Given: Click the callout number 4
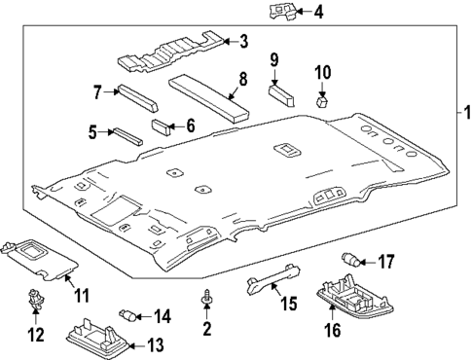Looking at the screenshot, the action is (x=318, y=13).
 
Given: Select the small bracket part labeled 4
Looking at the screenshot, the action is (x=282, y=12).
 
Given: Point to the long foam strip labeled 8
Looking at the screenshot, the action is (x=209, y=99).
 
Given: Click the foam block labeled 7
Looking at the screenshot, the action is (x=138, y=98).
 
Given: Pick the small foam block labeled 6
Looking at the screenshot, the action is (x=162, y=127).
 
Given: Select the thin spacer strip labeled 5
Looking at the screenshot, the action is (x=127, y=136).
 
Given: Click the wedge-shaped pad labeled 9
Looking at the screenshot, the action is (x=281, y=94).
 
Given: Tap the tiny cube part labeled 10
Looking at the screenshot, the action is (x=322, y=101).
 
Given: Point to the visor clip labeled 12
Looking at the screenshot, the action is (x=36, y=298).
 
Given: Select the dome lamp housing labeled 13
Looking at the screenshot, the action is (x=98, y=339).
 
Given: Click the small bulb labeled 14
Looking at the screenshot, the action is (x=127, y=315).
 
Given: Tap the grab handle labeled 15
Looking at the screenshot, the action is (x=273, y=278).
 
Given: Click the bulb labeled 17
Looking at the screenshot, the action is (x=350, y=260).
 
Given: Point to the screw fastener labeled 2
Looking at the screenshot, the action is (x=206, y=297).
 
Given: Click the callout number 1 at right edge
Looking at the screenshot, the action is (x=467, y=113).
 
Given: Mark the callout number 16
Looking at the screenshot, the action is (x=333, y=331).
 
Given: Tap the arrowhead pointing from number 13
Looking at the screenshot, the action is (x=131, y=346).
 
